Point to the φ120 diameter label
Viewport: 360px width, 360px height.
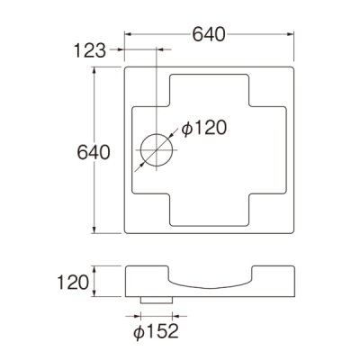pos(200,129)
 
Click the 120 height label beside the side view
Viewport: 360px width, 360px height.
pos(75,282)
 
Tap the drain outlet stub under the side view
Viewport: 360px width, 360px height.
pos(155,298)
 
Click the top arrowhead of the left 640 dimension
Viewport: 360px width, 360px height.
pos(94,69)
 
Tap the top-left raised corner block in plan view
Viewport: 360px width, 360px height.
pos(144,85)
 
